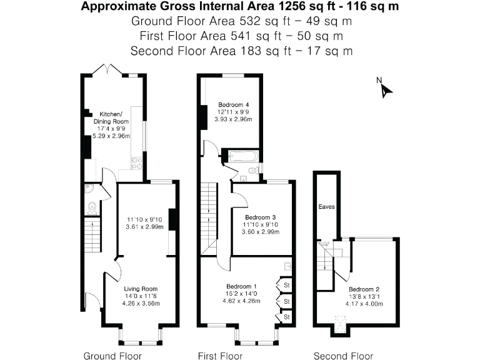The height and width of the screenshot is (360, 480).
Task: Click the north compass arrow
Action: point(386,90)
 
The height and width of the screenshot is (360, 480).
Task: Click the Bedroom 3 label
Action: point(260,217)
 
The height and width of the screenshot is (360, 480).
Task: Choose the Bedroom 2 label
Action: point(364,289)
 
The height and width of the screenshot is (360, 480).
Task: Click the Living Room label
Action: point(141,289)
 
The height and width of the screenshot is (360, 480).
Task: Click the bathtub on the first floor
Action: point(242,156)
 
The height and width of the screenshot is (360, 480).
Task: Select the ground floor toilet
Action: point(91,207)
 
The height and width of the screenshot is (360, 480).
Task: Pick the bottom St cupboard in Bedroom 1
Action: point(287,317)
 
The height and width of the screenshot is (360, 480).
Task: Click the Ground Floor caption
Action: point(112,356)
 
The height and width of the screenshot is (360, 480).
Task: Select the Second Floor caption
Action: point(343,356)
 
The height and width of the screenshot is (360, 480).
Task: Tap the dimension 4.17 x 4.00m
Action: point(364,304)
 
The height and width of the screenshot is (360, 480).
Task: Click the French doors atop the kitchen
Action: point(106,69)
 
